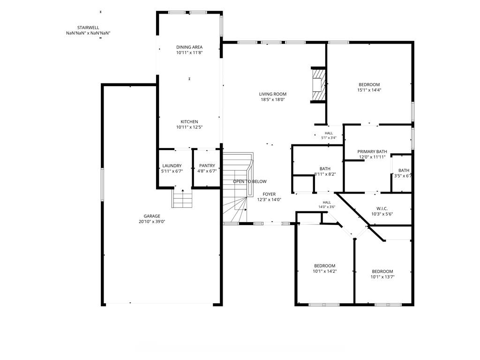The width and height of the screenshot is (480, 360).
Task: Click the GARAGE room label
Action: tap(152, 216)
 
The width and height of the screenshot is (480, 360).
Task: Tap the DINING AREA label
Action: tap(189, 47)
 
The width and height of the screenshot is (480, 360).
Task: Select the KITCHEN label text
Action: tap(189, 122)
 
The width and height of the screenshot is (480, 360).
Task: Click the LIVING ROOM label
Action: tap(273, 94)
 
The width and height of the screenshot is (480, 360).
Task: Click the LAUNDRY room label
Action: tap(172, 166)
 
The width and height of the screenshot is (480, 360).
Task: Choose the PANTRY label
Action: tap(207, 166)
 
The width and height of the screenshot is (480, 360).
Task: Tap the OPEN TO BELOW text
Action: tap(250, 181)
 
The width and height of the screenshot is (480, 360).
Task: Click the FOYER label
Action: tap(269, 195)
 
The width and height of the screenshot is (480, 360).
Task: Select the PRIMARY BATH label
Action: tap(372, 152)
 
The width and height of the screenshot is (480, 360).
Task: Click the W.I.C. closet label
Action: tap(382, 209)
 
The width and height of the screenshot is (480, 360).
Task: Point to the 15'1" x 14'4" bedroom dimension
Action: tap(369, 90)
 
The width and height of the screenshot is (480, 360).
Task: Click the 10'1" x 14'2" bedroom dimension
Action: tap(325, 271)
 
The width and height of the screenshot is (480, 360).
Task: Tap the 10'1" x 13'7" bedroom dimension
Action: tap(382, 277)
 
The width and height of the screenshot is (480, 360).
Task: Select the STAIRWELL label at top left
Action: tap(88, 28)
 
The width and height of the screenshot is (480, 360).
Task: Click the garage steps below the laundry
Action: tap(182, 198)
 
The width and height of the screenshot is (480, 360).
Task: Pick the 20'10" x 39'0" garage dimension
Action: tap(152, 222)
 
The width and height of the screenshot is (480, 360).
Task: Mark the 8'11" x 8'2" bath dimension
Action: tap(325, 174)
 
